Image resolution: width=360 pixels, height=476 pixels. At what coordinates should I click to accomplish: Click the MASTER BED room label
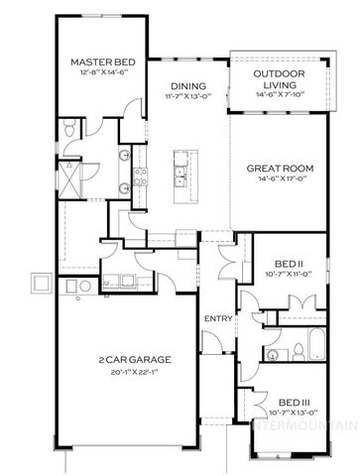(95, 64)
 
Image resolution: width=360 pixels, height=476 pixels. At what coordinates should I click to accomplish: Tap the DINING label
(187, 85)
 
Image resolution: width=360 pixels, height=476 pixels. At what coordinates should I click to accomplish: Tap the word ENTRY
(217, 318)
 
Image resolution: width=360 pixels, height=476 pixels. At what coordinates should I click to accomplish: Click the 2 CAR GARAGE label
(133, 359)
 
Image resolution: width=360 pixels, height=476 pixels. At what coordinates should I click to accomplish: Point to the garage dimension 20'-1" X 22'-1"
(133, 372)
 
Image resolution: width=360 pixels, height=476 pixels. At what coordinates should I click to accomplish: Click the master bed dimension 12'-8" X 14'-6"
(95, 75)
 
